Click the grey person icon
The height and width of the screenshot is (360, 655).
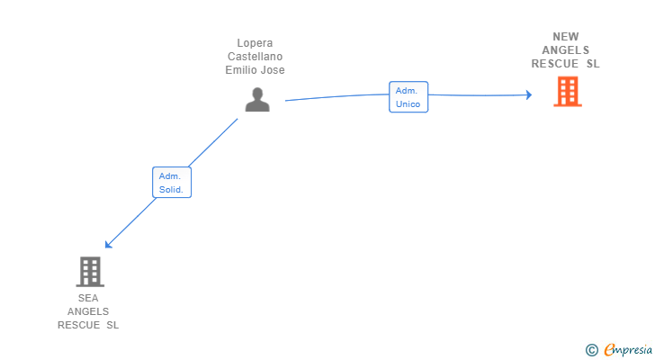click(257, 99)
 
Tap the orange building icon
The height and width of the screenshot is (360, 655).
click(568, 92)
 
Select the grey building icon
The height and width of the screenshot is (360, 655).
click(90, 272)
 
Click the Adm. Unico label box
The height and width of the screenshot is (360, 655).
click(408, 97)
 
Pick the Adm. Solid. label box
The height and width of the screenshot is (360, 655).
click(172, 183)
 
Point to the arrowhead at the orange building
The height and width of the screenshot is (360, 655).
click(529, 94)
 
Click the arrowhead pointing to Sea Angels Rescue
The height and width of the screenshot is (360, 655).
click(108, 245)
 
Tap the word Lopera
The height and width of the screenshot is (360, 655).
click(255, 43)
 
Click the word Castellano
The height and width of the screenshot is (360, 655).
click(255, 57)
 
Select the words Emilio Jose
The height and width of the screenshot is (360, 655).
click(255, 69)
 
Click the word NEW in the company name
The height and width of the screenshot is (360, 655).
click(566, 37)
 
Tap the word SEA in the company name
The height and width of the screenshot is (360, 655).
click(88, 298)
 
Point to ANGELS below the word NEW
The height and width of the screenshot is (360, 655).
click(566, 50)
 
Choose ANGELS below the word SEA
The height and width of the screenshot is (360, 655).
click(88, 311)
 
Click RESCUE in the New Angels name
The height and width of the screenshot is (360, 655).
click(555, 64)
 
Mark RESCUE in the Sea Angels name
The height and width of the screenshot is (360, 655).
click(78, 325)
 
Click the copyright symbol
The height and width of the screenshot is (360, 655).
click(591, 350)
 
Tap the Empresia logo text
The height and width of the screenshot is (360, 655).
click(628, 349)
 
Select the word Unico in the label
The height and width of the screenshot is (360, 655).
click(408, 104)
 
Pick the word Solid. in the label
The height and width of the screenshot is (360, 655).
click(171, 190)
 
